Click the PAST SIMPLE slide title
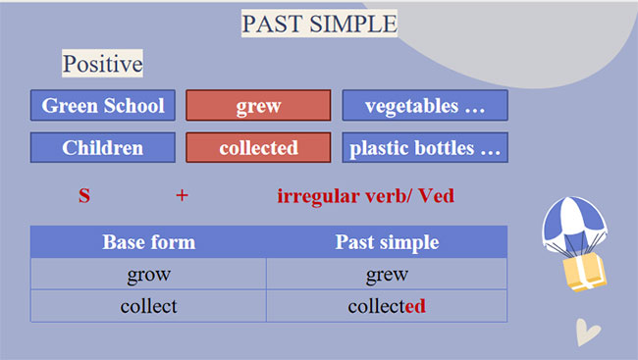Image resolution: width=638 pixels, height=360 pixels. (319, 23)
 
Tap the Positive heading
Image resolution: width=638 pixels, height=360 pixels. (103, 65)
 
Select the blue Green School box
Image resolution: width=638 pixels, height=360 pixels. (103, 106)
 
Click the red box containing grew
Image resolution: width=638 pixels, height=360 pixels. (258, 106)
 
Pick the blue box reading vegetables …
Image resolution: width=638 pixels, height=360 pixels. (425, 106)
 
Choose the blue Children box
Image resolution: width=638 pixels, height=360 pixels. (103, 148)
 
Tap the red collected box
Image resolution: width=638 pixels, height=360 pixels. (258, 148)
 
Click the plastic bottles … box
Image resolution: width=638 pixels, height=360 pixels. (425, 148)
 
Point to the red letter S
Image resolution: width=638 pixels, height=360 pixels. (84, 195)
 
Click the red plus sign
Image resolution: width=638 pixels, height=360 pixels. (182, 195)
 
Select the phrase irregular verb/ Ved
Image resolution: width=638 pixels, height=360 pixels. (365, 195)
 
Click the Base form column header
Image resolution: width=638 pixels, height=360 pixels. (148, 242)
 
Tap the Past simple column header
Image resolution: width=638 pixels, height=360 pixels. (387, 242)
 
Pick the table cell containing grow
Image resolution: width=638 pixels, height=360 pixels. (148, 275)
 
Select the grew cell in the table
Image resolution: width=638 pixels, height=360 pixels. (387, 275)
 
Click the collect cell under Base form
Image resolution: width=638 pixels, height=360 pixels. (148, 306)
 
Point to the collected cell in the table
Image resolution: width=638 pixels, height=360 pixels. (387, 306)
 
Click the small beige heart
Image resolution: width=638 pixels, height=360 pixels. (587, 333)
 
